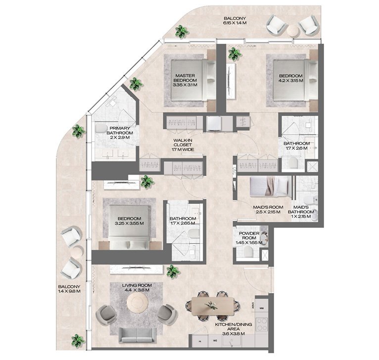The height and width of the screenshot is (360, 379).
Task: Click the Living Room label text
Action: pos(137,288)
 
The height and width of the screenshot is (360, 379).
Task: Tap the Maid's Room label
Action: pos(267,209)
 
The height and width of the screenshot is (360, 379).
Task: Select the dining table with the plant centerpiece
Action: pos(211,304)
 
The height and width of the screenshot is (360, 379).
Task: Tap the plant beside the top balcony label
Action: pos(182,32)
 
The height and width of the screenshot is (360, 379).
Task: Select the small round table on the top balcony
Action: pos(292,30)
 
